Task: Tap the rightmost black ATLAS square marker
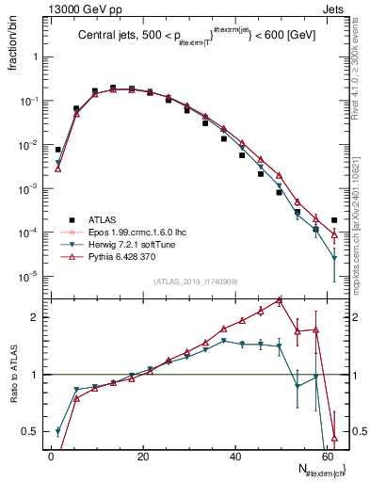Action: click(334, 220)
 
